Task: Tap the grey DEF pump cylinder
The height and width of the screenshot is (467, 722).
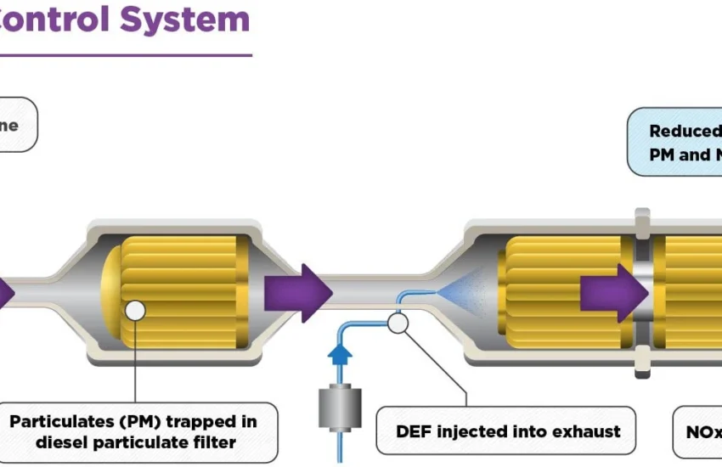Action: coord(339,408)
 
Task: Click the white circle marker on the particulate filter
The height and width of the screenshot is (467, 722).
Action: coord(135,311)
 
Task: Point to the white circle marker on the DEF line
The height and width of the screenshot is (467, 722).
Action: coord(396,322)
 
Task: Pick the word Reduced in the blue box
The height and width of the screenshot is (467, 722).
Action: coord(685,131)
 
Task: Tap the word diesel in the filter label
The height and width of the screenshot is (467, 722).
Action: coord(59,442)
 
